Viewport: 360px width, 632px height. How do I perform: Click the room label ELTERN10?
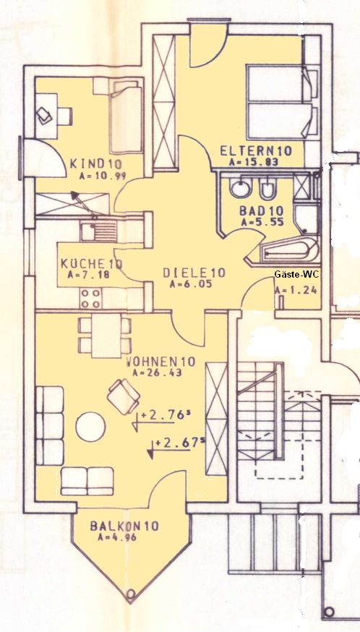point(256,151)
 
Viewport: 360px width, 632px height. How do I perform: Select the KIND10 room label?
point(96,164)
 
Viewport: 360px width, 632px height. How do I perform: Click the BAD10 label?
point(262,211)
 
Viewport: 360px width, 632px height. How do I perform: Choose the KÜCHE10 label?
point(92,264)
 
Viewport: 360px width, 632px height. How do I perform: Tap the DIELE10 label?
point(194,273)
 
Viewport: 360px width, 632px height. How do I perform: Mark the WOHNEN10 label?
point(160,362)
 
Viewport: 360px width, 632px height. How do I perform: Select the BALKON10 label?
point(124,526)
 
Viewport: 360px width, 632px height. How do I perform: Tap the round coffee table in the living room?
point(90,427)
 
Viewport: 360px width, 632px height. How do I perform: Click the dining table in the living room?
point(106,336)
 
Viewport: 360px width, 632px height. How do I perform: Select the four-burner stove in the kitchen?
point(90,299)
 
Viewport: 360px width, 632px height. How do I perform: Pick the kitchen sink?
point(98,233)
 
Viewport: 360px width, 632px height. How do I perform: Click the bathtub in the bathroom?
point(288,250)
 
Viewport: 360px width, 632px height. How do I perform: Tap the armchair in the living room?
point(124,396)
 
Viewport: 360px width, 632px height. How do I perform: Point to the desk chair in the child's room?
point(64,116)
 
